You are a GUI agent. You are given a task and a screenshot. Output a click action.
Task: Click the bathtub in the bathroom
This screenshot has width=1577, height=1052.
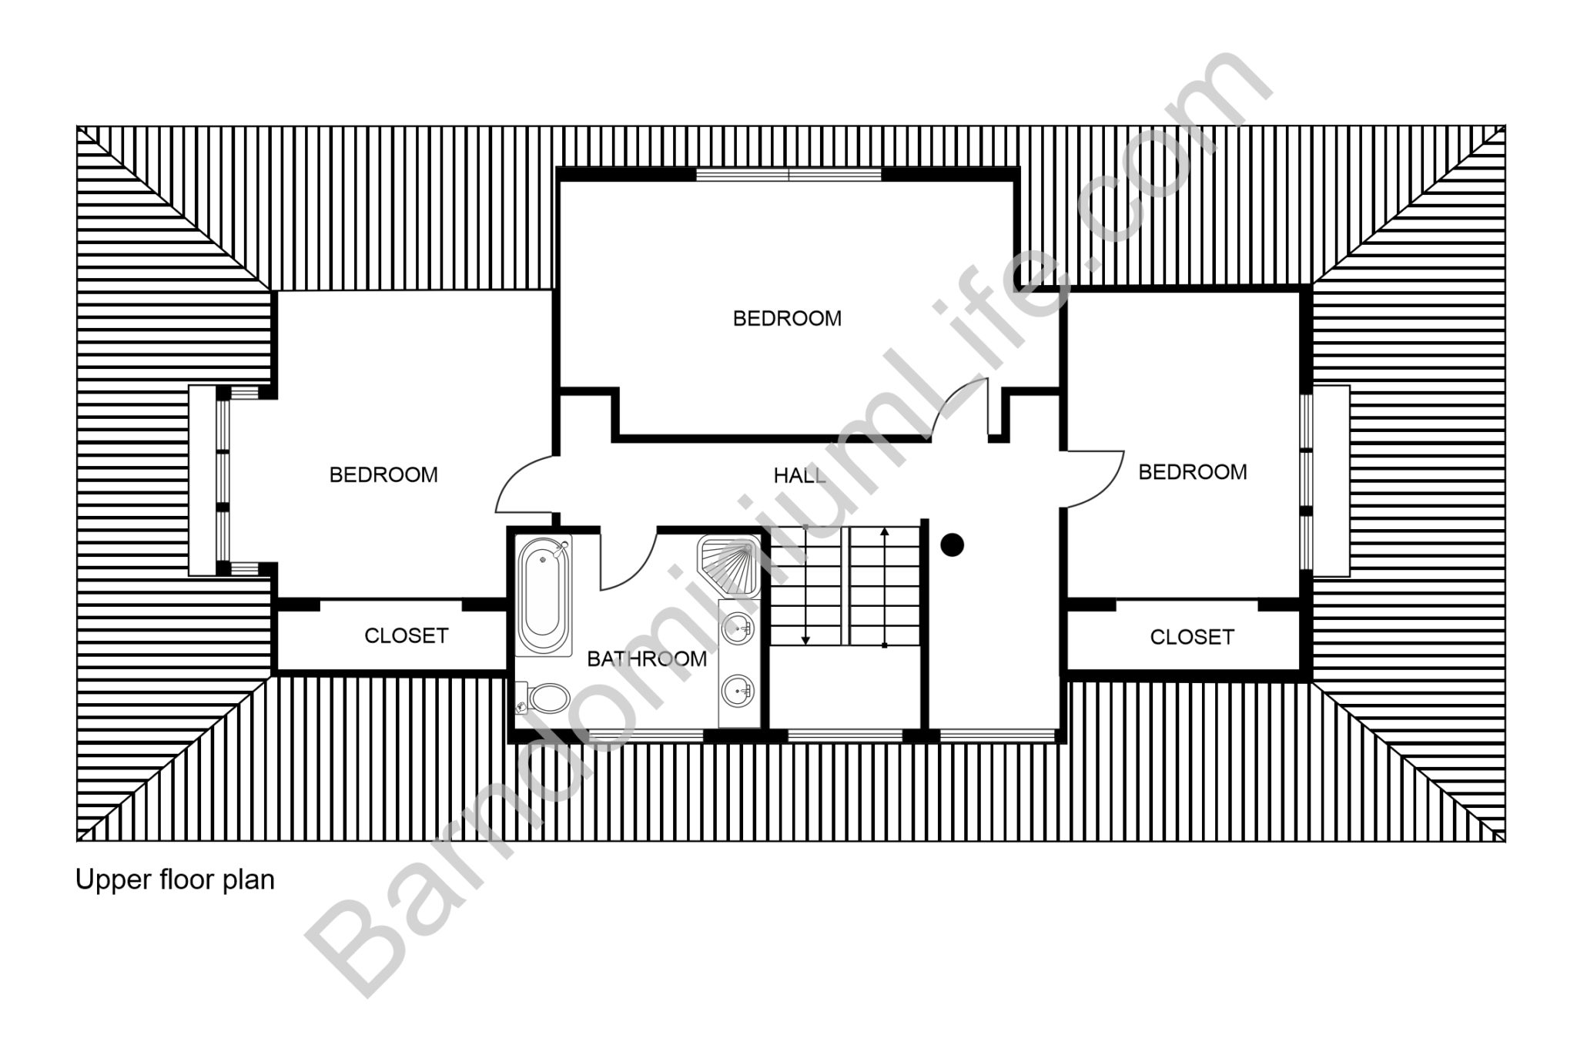(544, 596)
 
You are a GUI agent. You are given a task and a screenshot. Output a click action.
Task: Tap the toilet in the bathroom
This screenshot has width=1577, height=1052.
(544, 698)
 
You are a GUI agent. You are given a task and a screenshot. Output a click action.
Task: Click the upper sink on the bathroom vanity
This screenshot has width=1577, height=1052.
(738, 628)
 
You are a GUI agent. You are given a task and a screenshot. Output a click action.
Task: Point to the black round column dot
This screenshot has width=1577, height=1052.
(953, 545)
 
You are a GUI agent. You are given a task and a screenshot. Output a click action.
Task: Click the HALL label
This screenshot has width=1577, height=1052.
(800, 476)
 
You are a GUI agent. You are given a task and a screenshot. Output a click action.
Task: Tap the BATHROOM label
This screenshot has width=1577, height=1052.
(647, 658)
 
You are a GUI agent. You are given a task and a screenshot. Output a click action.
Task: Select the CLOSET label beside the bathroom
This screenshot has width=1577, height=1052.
(406, 635)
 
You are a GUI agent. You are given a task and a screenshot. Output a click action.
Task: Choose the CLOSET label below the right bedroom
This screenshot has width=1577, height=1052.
(1192, 637)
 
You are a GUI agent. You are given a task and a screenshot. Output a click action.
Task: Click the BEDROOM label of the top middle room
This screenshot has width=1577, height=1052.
(787, 318)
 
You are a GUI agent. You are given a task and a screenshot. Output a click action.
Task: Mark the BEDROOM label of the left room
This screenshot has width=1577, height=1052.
(383, 474)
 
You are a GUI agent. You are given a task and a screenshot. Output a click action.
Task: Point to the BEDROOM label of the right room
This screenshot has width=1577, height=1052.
(1193, 471)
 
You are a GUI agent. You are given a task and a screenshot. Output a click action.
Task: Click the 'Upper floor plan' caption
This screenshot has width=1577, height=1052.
(175, 879)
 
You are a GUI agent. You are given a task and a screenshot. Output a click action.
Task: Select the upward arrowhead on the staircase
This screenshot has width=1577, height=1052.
(885, 532)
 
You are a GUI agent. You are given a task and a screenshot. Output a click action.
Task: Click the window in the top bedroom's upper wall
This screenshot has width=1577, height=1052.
(788, 175)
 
